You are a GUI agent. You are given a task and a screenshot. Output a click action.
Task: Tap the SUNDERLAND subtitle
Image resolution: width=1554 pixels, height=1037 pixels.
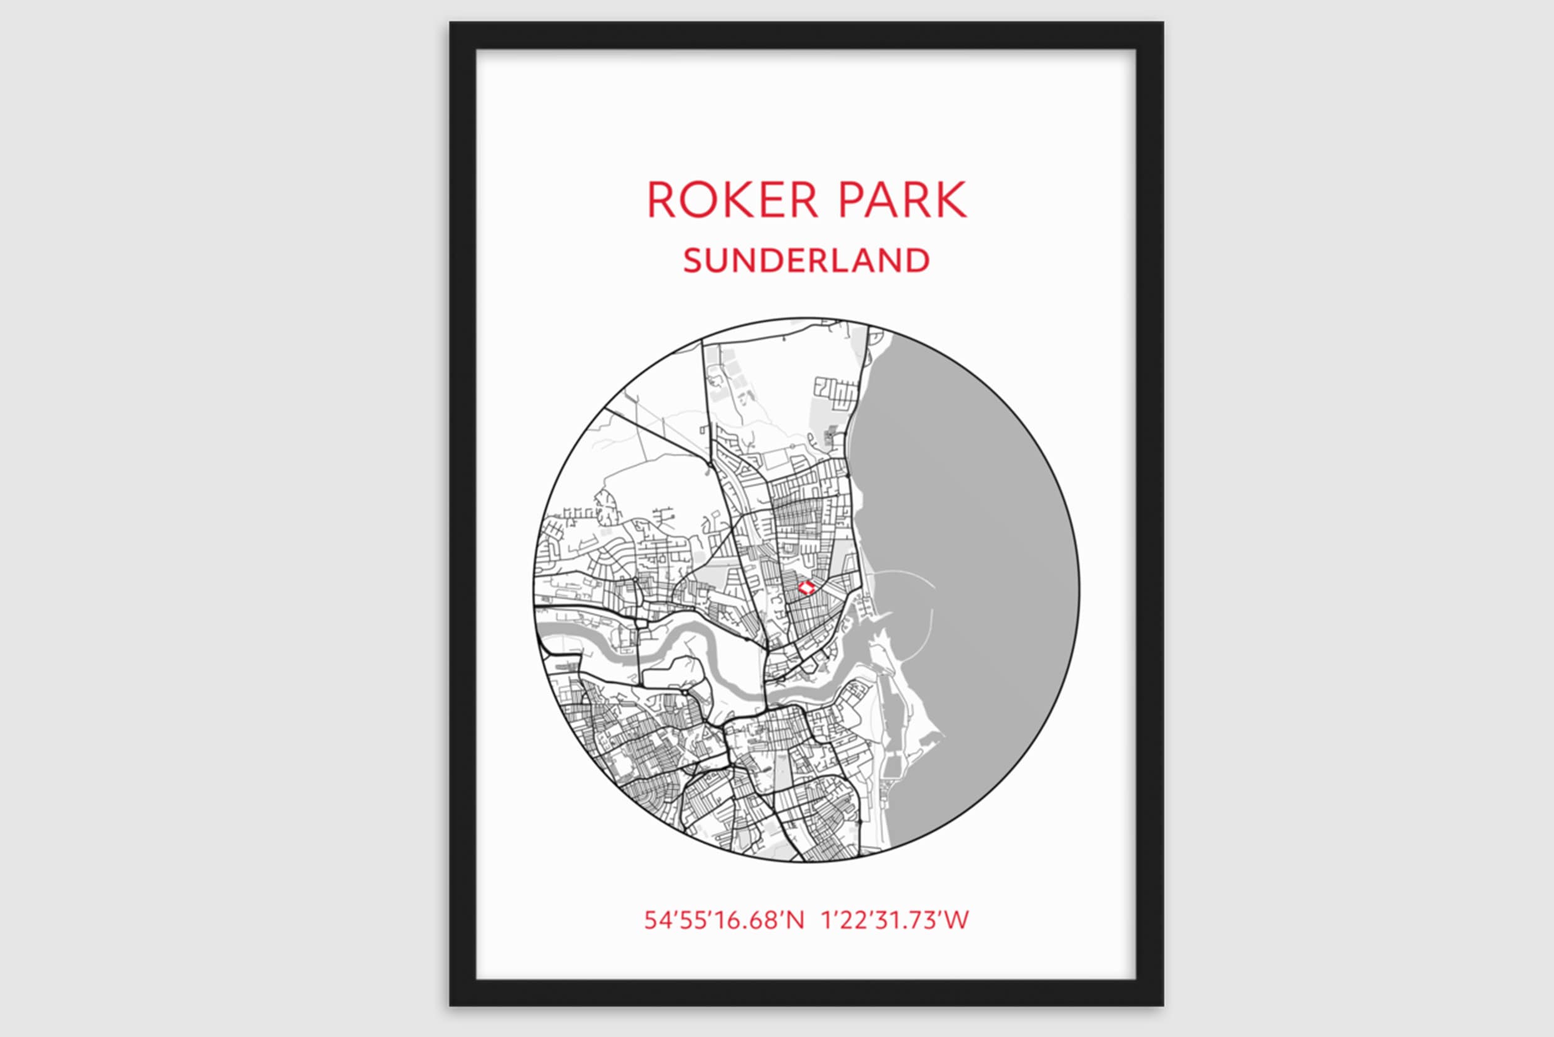806,260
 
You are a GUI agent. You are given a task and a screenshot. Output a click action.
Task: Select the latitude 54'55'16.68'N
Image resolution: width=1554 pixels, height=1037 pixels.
724,920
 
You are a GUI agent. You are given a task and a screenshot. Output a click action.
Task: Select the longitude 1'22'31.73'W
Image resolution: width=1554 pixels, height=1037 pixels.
894,920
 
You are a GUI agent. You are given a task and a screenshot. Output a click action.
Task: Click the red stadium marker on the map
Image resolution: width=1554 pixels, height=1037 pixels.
805,587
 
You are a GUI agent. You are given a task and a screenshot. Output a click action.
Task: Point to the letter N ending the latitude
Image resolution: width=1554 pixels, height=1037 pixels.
795,920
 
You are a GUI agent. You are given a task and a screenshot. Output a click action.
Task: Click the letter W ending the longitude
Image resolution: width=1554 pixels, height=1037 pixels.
957,920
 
